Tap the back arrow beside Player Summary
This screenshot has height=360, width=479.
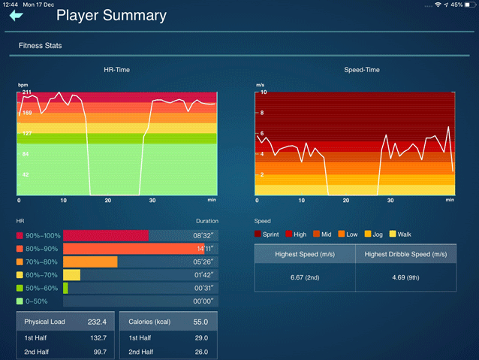16,15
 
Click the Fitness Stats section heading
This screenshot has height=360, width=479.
41,46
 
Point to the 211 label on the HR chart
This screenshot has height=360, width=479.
27,92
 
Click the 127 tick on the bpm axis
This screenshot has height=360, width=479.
27,134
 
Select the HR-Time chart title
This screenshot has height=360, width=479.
117,70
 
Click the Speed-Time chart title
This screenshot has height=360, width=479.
361,70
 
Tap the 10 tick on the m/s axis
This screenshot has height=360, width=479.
264,92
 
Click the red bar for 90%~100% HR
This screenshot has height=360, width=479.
106,235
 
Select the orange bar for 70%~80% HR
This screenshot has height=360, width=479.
90,262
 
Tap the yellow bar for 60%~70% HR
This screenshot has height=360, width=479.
71,275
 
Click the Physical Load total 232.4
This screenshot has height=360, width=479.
97,322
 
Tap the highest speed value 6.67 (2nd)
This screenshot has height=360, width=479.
305,277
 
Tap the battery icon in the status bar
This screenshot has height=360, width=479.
468,5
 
